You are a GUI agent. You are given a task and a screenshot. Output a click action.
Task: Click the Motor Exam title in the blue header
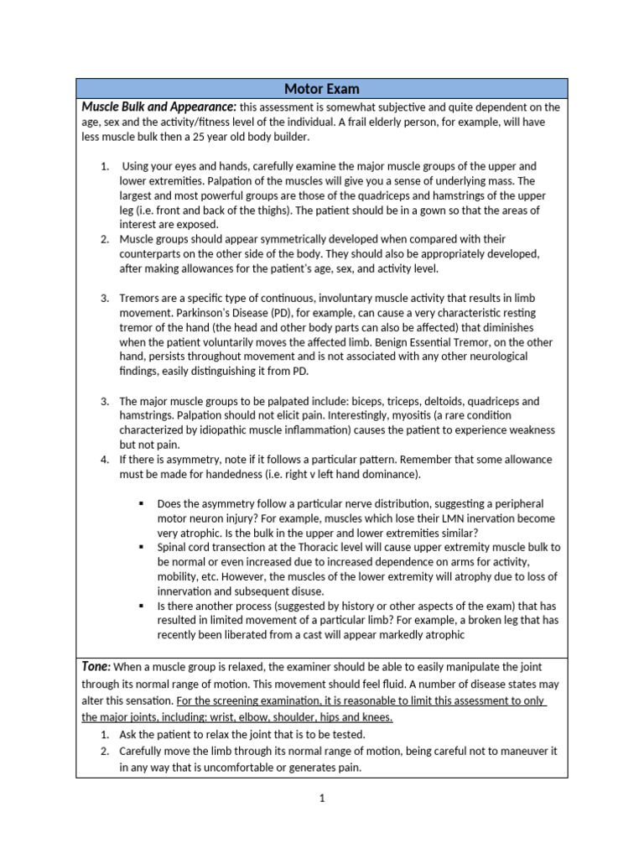pyautogui.click(x=322, y=89)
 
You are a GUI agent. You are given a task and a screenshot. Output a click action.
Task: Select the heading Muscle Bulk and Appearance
pyautogui.click(x=158, y=107)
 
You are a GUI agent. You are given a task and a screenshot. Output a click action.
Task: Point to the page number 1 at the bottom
pyautogui.click(x=321, y=799)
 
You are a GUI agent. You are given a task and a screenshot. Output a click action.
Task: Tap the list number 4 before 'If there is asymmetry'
pyautogui.click(x=105, y=460)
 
